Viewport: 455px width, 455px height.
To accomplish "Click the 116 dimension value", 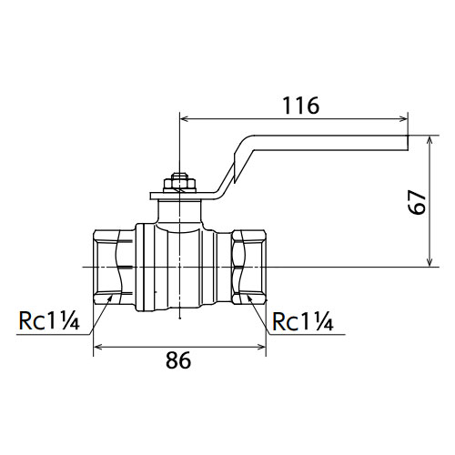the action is tap(300, 106).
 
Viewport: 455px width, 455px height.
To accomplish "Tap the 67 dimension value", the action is tap(418, 202).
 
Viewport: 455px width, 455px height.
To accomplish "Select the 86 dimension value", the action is tap(178, 360).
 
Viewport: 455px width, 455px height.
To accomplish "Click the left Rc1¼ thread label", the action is tap(49, 321).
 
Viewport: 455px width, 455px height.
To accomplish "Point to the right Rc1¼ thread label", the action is tap(303, 321).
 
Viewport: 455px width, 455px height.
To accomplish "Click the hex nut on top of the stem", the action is tap(179, 183).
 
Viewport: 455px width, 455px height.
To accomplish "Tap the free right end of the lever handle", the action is tap(408, 143).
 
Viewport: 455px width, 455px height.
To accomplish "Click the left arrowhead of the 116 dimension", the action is tap(185, 118).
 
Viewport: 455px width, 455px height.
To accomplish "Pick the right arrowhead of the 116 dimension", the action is tap(403, 118).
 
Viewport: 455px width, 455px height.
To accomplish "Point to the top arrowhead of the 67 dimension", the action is tap(430, 140).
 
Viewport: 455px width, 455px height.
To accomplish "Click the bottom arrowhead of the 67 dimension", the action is tap(430, 262).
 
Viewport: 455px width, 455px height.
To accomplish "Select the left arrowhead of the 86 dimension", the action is tap(97, 347).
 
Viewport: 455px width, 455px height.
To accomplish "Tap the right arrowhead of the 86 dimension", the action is tap(261, 347).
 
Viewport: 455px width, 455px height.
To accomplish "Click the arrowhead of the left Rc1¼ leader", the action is tap(110, 298).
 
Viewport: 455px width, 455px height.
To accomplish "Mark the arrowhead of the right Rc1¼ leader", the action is tap(249, 298).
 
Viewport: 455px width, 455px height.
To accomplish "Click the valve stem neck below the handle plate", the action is tap(179, 212).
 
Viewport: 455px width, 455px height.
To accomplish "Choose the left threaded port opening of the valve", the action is tap(113, 267).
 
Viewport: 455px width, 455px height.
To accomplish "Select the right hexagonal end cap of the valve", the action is tap(249, 267).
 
